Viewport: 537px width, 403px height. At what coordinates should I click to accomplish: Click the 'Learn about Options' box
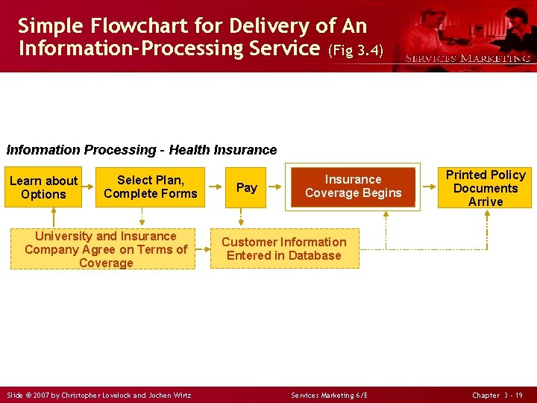point(43,187)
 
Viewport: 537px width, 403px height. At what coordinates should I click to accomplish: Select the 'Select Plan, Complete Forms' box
point(151,187)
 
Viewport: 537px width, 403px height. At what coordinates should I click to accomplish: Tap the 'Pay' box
point(246,187)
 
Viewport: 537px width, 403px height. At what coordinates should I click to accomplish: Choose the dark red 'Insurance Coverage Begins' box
point(353,187)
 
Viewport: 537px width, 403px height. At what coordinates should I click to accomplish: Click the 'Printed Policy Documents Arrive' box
point(486,187)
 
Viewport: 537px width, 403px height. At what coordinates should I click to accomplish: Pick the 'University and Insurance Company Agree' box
point(106,249)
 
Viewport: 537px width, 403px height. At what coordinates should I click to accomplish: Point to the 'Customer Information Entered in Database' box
point(284,249)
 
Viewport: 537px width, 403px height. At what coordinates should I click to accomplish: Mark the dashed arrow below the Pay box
point(241,217)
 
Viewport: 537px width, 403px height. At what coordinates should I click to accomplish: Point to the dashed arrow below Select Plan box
point(142,217)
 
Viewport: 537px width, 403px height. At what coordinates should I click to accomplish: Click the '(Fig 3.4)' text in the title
point(355,51)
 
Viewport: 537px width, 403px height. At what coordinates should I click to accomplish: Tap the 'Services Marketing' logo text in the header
point(467,58)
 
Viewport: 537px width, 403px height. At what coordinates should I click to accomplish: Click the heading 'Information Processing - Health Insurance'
point(142,150)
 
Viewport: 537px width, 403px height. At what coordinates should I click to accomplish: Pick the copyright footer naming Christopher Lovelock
point(98,395)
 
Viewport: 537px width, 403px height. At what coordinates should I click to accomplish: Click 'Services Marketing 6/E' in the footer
point(329,395)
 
